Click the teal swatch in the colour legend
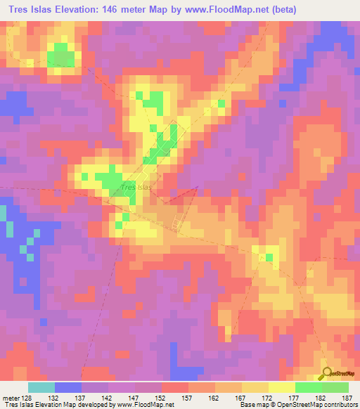[x=41, y=387]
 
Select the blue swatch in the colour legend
[x=68, y=387]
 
